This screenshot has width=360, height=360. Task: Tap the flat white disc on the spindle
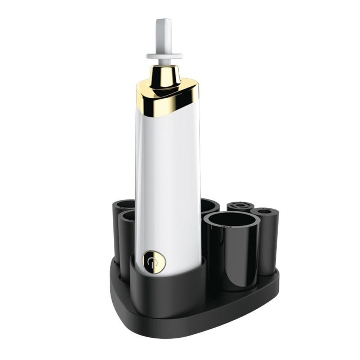pyautogui.click(x=164, y=56)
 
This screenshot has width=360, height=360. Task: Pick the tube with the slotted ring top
pyautogui.click(x=240, y=207)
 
